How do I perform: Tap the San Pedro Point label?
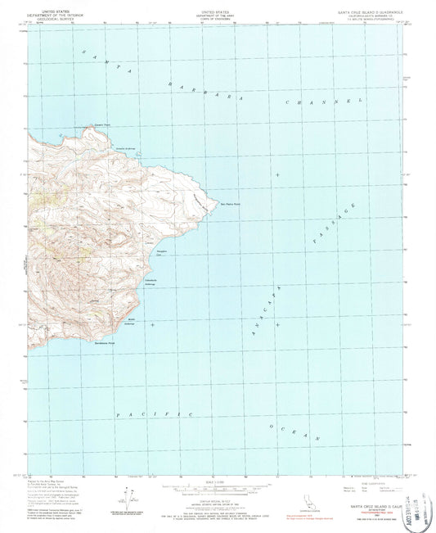pos(208,204)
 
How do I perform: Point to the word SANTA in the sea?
pos(96,60)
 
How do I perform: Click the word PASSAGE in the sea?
pos(333,223)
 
